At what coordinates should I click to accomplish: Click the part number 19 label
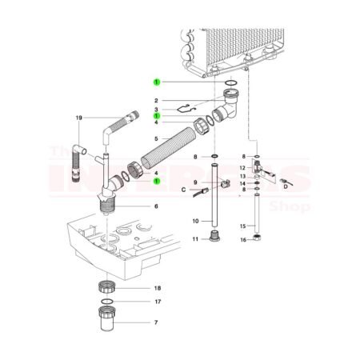click(79, 118)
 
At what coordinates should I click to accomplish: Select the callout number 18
click(158, 287)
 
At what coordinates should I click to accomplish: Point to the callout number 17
click(158, 302)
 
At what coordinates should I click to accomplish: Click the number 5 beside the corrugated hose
click(157, 138)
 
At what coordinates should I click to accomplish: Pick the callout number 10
click(194, 221)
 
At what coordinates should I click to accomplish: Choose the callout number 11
click(194, 239)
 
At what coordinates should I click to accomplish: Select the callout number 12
click(241, 167)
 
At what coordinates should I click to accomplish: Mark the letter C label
click(182, 190)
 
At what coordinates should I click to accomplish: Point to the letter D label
click(286, 190)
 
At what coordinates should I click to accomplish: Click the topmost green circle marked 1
click(158, 82)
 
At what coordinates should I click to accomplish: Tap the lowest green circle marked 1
click(158, 182)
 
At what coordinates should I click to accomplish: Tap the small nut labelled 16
click(258, 238)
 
